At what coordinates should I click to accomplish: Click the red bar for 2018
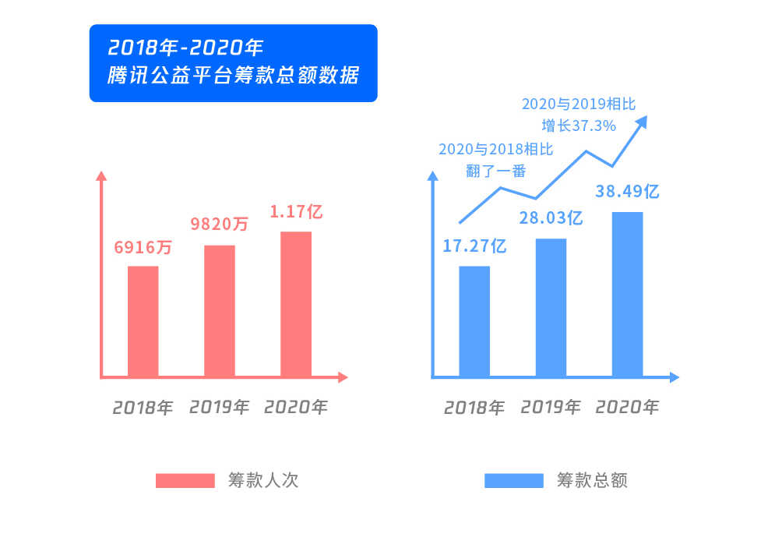pyautogui.click(x=143, y=321)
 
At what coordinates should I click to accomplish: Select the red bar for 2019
pyautogui.click(x=220, y=311)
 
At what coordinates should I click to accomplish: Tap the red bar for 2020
pyautogui.click(x=296, y=304)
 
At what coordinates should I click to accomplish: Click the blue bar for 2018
pyautogui.click(x=474, y=321)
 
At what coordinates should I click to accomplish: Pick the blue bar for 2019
pyautogui.click(x=551, y=307)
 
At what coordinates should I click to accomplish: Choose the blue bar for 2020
pyautogui.click(x=627, y=294)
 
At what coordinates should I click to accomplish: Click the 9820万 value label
pyautogui.click(x=220, y=225)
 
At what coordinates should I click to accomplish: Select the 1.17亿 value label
pyautogui.click(x=296, y=210)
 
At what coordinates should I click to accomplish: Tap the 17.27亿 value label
pyautogui.click(x=474, y=247)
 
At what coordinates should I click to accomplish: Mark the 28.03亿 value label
pyautogui.click(x=551, y=217)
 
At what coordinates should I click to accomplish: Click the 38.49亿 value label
pyautogui.click(x=627, y=191)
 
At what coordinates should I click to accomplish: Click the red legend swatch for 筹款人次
pyautogui.click(x=185, y=480)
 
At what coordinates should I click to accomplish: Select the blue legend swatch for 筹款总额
pyautogui.click(x=514, y=480)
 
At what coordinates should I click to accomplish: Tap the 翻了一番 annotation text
pyautogui.click(x=496, y=170)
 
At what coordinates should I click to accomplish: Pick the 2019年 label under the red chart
pyautogui.click(x=220, y=407)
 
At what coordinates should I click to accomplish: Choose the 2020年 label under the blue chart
pyautogui.click(x=627, y=407)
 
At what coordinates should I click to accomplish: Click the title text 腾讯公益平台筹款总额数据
pyautogui.click(x=234, y=77)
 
